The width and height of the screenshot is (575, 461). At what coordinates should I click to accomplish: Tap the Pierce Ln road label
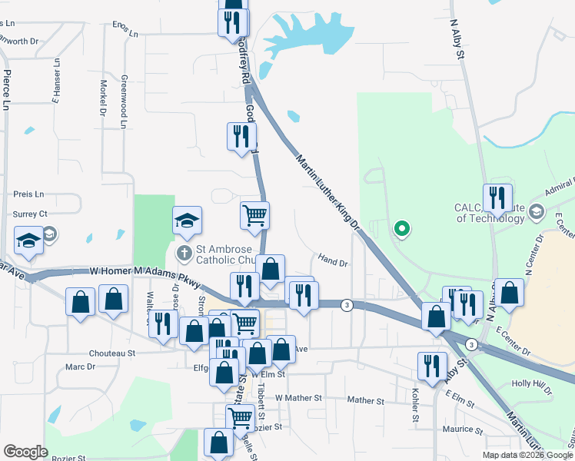(7, 90)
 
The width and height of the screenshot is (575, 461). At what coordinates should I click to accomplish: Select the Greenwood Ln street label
(123, 101)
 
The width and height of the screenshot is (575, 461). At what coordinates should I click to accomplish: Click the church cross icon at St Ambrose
(184, 252)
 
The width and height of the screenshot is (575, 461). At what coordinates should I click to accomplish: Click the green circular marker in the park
(401, 227)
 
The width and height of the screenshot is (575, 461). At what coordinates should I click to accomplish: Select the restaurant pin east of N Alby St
(497, 198)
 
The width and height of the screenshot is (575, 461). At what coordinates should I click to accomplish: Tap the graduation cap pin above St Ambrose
(187, 221)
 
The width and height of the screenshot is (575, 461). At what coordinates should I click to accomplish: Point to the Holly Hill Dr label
(532, 386)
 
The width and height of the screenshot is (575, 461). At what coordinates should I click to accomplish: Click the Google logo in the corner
(25, 451)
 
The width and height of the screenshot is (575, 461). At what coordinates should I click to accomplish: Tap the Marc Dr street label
(80, 367)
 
